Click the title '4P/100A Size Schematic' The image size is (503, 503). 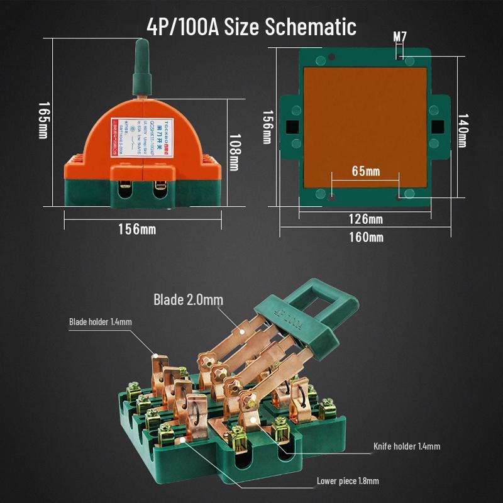click(x=251, y=27)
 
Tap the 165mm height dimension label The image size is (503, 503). click(x=43, y=120)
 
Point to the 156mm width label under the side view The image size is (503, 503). click(x=137, y=229)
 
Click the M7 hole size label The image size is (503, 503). click(x=400, y=36)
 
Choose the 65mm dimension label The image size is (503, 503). click(x=365, y=172)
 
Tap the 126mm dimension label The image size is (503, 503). click(x=366, y=219)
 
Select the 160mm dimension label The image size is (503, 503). click(x=366, y=237)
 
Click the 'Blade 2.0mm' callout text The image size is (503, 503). click(x=188, y=299)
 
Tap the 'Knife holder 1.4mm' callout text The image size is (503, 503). click(x=407, y=446)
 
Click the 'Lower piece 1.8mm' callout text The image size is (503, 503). click(x=348, y=481)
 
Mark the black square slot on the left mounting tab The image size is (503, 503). click(x=292, y=126)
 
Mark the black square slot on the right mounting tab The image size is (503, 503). click(x=438, y=126)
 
